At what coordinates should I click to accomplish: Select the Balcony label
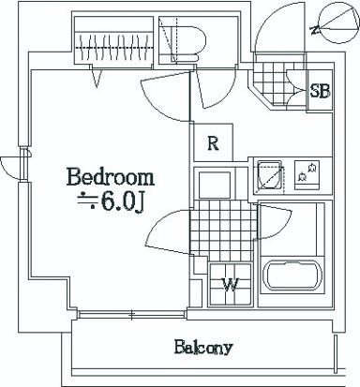coord(202,349)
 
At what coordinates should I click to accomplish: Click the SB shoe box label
coord(320,91)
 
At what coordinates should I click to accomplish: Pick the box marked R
coord(214,143)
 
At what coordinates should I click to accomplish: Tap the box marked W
coord(229,285)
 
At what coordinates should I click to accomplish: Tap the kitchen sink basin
coord(272,176)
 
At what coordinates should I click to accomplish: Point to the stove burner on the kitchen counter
coord(307,173)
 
